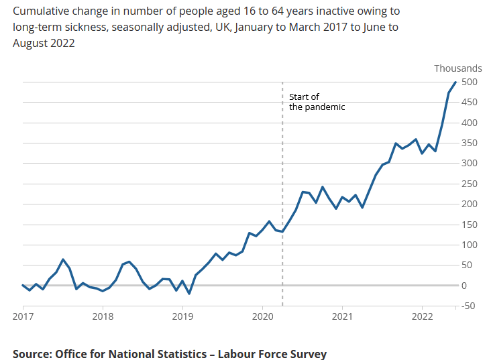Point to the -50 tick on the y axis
coord(469,306)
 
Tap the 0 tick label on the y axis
coord(464,286)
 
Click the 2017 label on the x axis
coord(23,316)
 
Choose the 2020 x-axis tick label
coord(262,316)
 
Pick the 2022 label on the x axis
coord(423,316)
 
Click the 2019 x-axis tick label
coord(182,316)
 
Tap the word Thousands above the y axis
coord(457,68)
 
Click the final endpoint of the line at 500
coord(456,82)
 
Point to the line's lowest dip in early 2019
coord(189,294)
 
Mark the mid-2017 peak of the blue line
coord(63,259)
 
